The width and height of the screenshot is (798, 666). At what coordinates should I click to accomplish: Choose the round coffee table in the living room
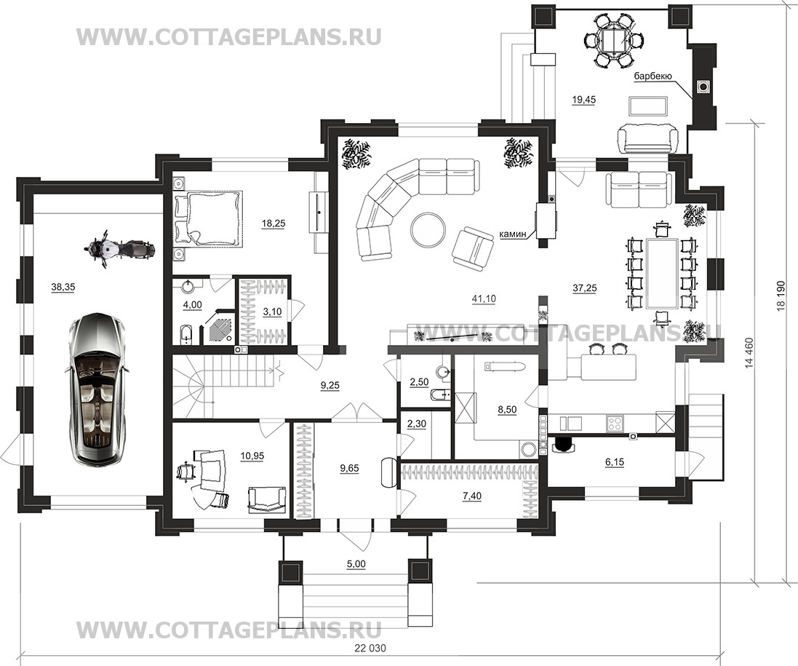pyautogui.click(x=428, y=229)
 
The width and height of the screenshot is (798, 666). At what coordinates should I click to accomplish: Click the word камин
pyautogui.click(x=514, y=234)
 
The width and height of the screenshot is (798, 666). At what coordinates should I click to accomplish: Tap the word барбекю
pyautogui.click(x=656, y=76)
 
